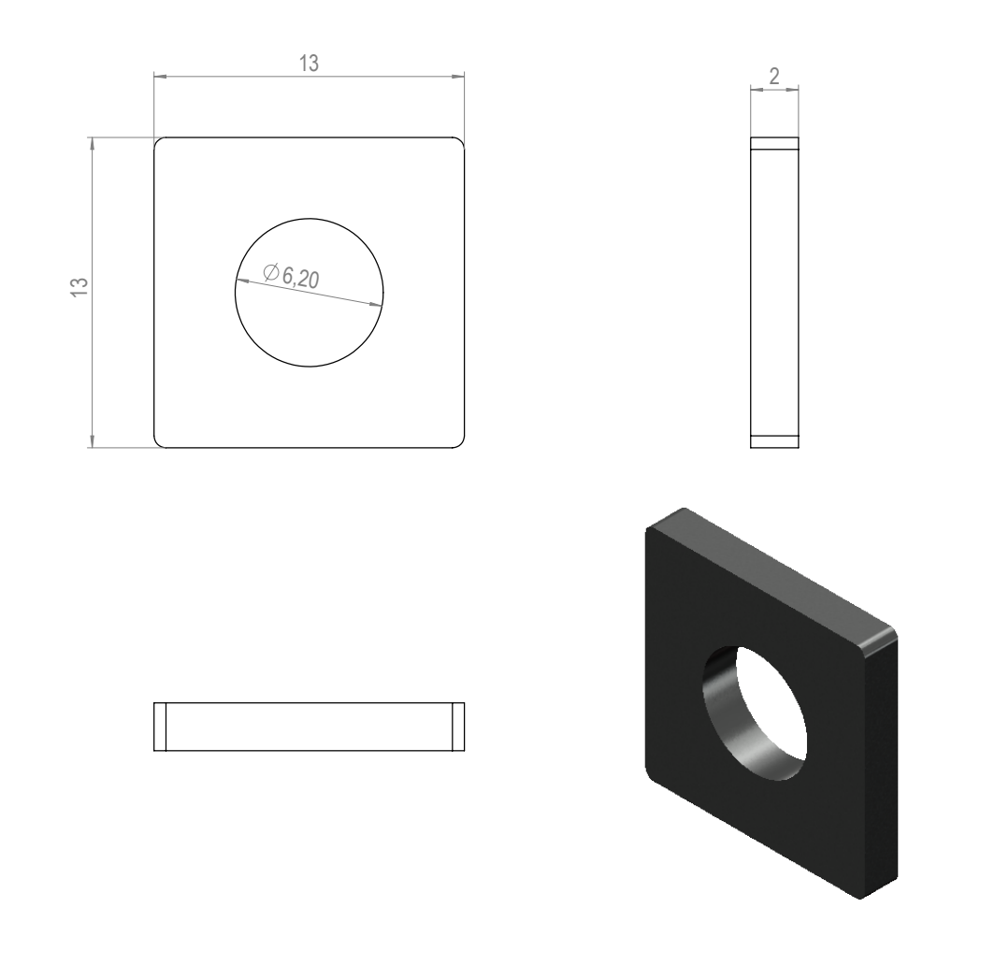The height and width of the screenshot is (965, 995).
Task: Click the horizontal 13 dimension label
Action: pyautogui.click(x=309, y=64)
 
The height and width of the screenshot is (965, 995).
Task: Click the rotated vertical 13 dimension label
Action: pyautogui.click(x=78, y=287)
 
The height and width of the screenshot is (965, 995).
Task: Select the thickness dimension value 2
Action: pyautogui.click(x=773, y=77)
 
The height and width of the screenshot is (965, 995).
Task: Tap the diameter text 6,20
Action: pyautogui.click(x=300, y=278)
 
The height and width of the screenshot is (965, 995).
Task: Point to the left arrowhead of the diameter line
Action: pyautogui.click(x=241, y=281)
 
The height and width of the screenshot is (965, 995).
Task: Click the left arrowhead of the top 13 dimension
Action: pyautogui.click(x=161, y=77)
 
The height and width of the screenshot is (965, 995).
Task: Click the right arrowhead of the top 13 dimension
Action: pyautogui.click(x=457, y=77)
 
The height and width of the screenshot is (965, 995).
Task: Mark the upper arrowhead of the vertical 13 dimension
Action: pyautogui.click(x=93, y=144)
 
